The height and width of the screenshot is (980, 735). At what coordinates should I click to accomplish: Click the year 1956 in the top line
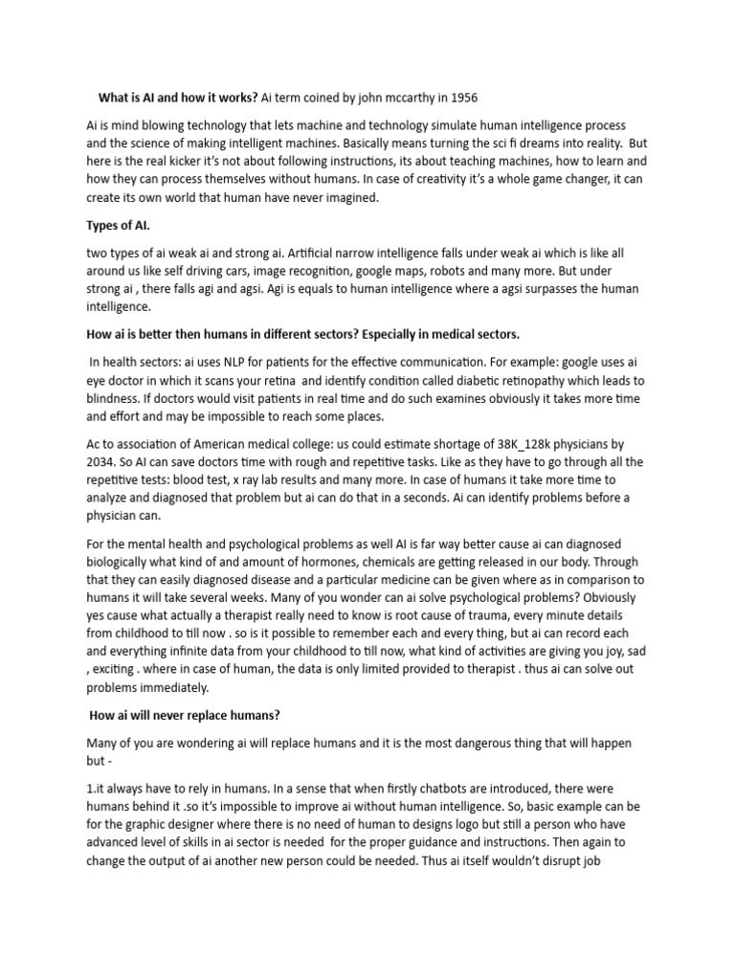460,98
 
